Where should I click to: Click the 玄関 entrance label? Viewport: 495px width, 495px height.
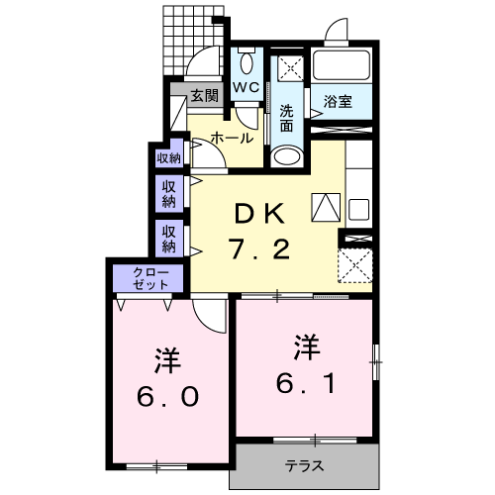(x=204, y=96)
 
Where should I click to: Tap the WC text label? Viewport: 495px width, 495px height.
(x=246, y=88)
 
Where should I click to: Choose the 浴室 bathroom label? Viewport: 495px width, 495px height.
(x=339, y=101)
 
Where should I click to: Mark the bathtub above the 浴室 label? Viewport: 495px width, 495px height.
(x=341, y=67)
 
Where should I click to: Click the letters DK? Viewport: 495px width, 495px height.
(x=260, y=212)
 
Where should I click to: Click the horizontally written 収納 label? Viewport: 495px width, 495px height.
(x=168, y=157)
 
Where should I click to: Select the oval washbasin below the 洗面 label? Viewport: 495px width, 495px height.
(x=286, y=154)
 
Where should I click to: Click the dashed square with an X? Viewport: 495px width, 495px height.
(x=353, y=265)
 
